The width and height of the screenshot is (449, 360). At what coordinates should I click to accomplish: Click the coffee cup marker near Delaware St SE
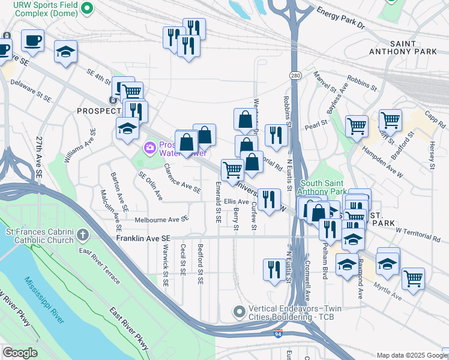pos(32,40)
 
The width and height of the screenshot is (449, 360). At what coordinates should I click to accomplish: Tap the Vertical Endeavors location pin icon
pos(240,311)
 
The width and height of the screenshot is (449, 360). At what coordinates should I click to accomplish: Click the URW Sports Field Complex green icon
pos(86,8)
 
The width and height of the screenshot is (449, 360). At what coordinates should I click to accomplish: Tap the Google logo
pos(20,353)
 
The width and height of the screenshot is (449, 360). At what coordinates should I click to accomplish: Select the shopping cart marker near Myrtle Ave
pos(414,278)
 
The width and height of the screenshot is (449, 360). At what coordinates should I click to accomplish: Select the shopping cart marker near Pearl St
pos(357,125)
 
